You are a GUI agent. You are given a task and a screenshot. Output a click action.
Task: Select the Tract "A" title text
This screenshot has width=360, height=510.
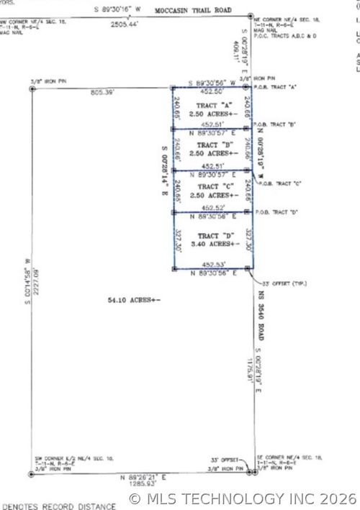[x=212, y=105]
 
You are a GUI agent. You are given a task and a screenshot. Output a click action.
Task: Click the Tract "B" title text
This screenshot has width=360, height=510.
[x=212, y=145]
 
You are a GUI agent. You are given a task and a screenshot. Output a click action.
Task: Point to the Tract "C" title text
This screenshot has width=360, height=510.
[x=212, y=186]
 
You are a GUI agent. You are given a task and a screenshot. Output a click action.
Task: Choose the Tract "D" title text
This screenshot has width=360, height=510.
[x=212, y=236]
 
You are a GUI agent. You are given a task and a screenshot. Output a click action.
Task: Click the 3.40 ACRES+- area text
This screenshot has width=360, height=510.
[x=212, y=245]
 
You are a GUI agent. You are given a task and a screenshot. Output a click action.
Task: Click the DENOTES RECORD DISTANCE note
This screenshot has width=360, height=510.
[x=58, y=505]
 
